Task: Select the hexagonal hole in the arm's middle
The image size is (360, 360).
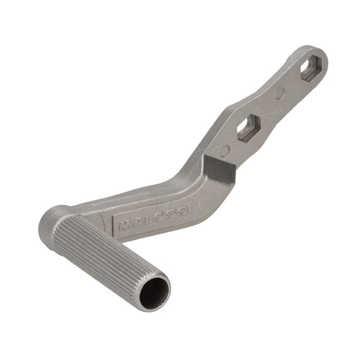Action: pyautogui.click(x=249, y=128)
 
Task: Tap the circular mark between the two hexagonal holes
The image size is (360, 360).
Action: pyautogui.click(x=280, y=93)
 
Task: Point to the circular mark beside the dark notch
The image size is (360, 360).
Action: pyautogui.click(x=224, y=150)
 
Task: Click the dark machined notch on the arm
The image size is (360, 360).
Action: pyautogui.click(x=220, y=167)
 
